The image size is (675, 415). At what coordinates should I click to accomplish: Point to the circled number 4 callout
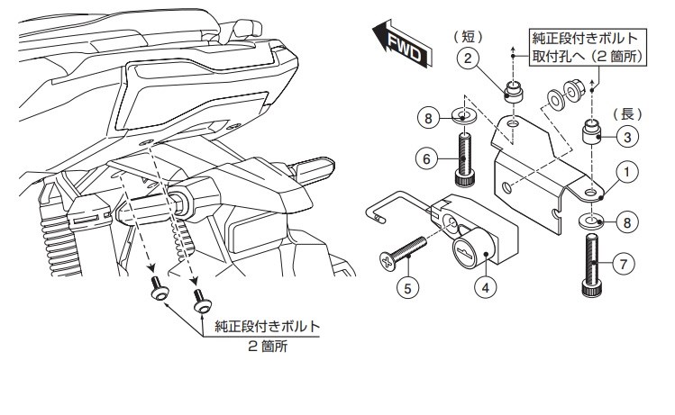[x=486, y=289]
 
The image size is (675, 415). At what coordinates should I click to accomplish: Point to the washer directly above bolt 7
[x=591, y=220]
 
